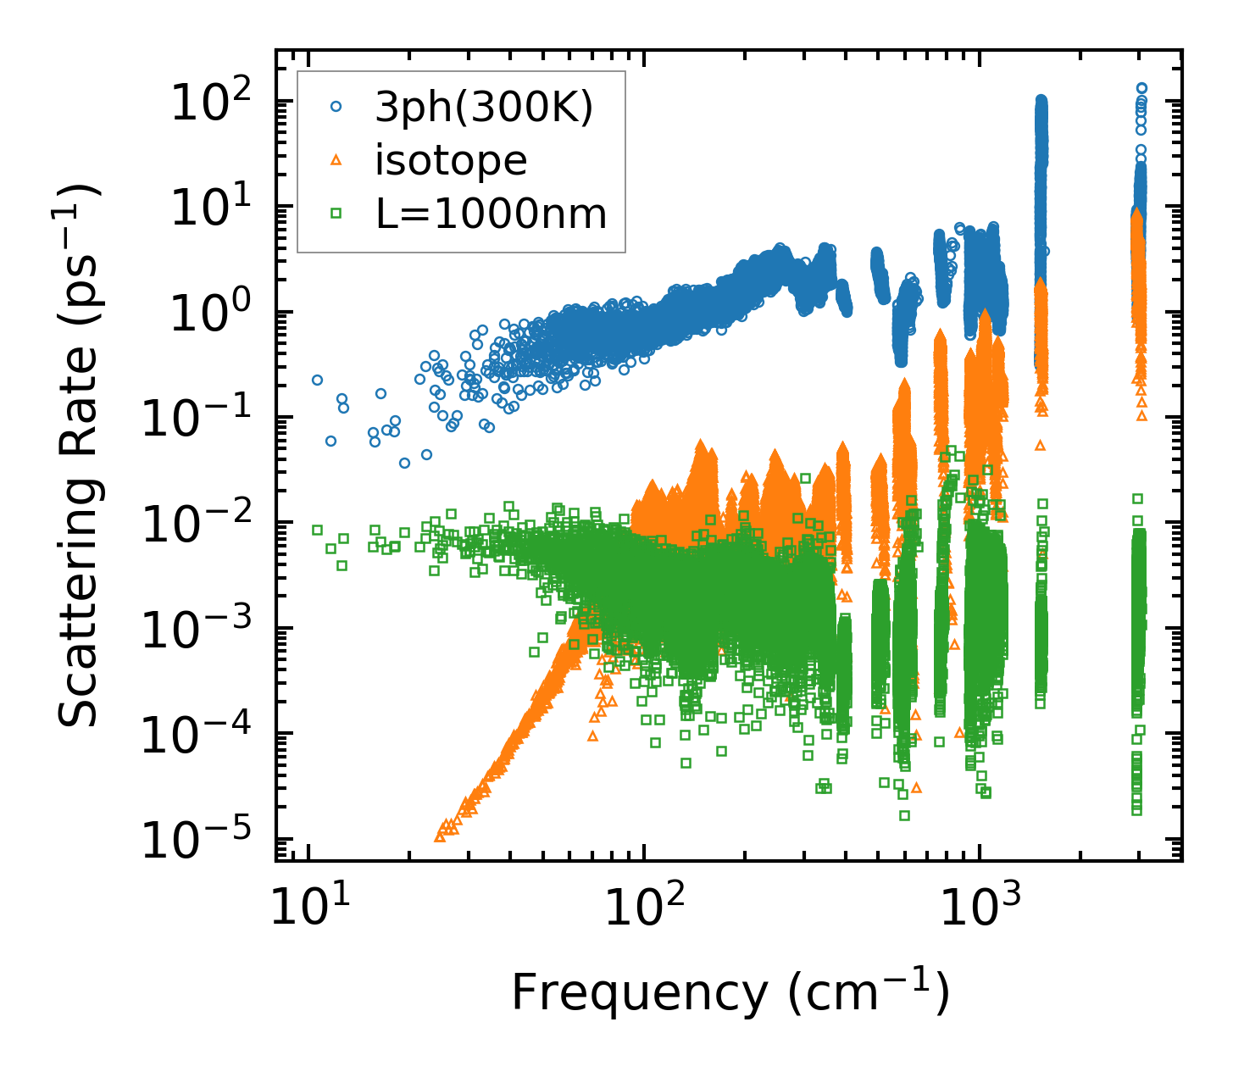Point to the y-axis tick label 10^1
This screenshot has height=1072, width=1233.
[x=215, y=208]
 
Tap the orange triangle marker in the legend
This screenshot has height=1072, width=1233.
[x=336, y=159]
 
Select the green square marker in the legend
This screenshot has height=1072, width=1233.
[x=336, y=213]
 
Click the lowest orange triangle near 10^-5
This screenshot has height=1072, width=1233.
[x=440, y=836]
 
